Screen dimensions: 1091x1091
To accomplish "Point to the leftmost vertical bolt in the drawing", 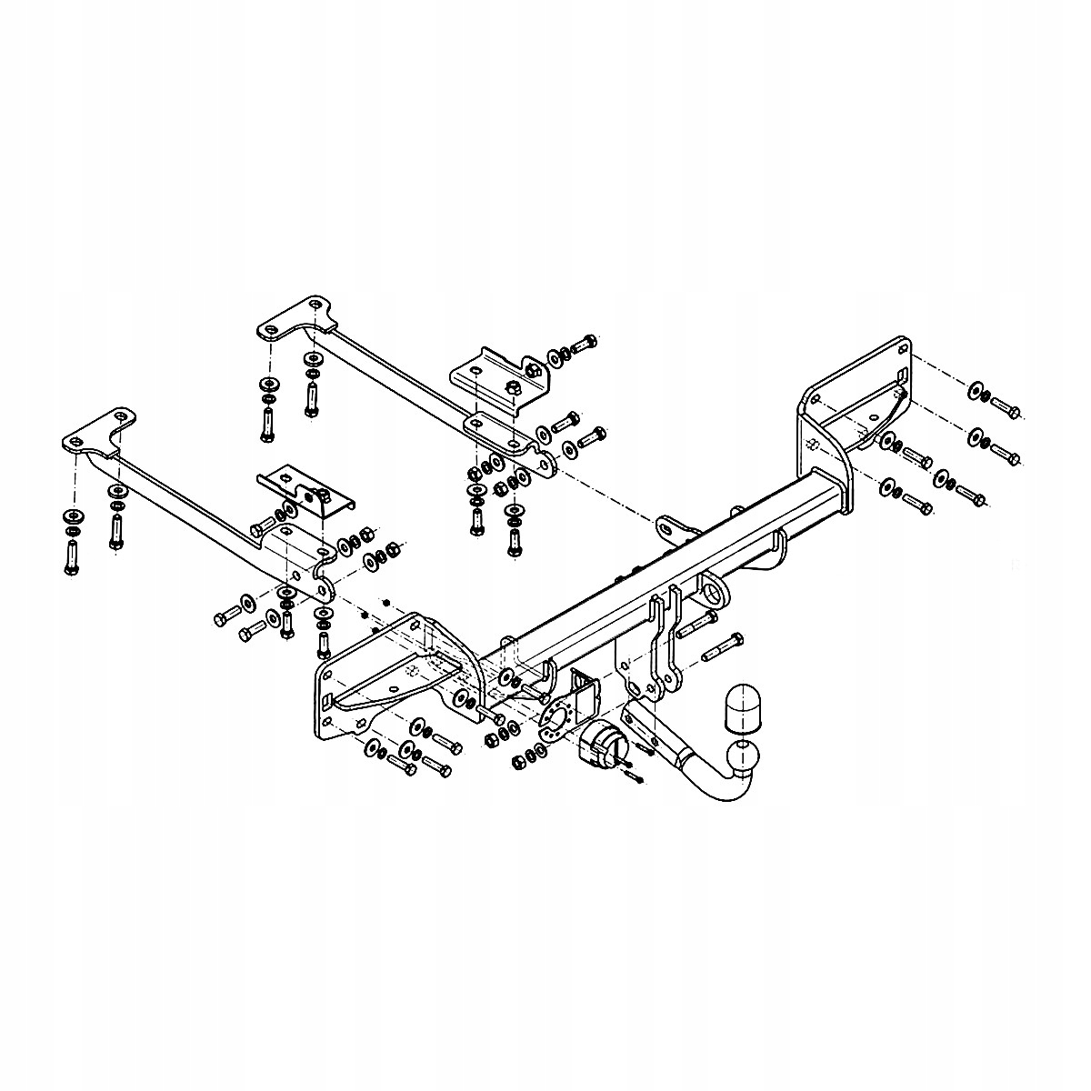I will (x=72, y=556).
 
